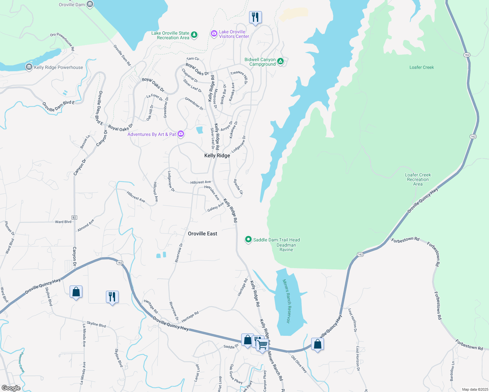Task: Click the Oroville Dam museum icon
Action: tap(90, 5)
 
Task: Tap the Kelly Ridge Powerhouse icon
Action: tap(29, 67)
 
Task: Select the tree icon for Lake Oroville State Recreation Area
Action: tap(194, 35)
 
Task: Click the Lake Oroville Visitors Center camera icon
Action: tap(214, 34)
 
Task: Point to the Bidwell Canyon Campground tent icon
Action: tap(280, 61)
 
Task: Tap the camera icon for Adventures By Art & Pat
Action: tap(181, 134)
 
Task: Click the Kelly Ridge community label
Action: tap(217, 156)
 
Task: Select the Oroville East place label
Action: tap(202, 234)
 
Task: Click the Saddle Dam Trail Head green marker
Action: tap(248, 240)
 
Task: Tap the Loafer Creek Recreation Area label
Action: tap(418, 179)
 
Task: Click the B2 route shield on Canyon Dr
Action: tap(74, 217)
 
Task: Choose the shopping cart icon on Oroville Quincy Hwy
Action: tap(262, 345)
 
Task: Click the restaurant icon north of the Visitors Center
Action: tap(255, 17)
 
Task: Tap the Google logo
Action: tap(11, 388)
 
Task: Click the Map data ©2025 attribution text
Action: tap(474, 389)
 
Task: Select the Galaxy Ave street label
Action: tap(215, 207)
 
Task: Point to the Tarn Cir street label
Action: tap(193, 59)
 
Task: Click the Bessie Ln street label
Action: tap(85, 142)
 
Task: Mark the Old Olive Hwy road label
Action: tap(299, 364)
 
